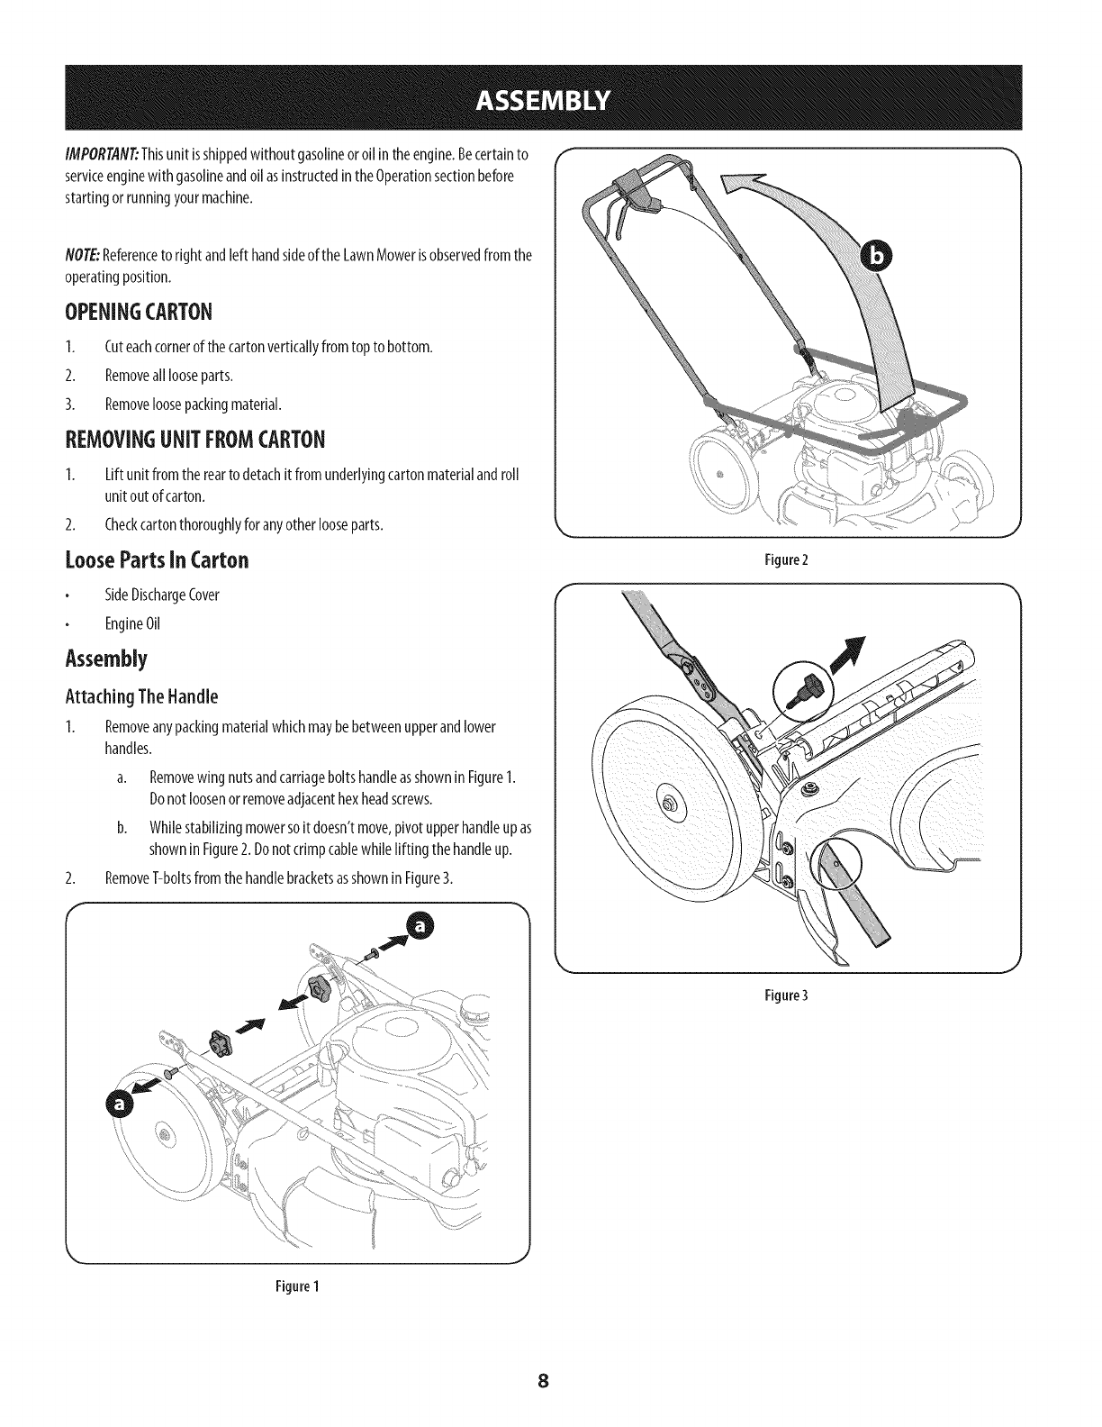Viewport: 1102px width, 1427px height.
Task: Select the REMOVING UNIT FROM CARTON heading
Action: [x=194, y=441]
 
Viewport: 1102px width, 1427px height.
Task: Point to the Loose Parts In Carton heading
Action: [x=157, y=560]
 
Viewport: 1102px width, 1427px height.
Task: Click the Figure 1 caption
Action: [x=297, y=1287]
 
